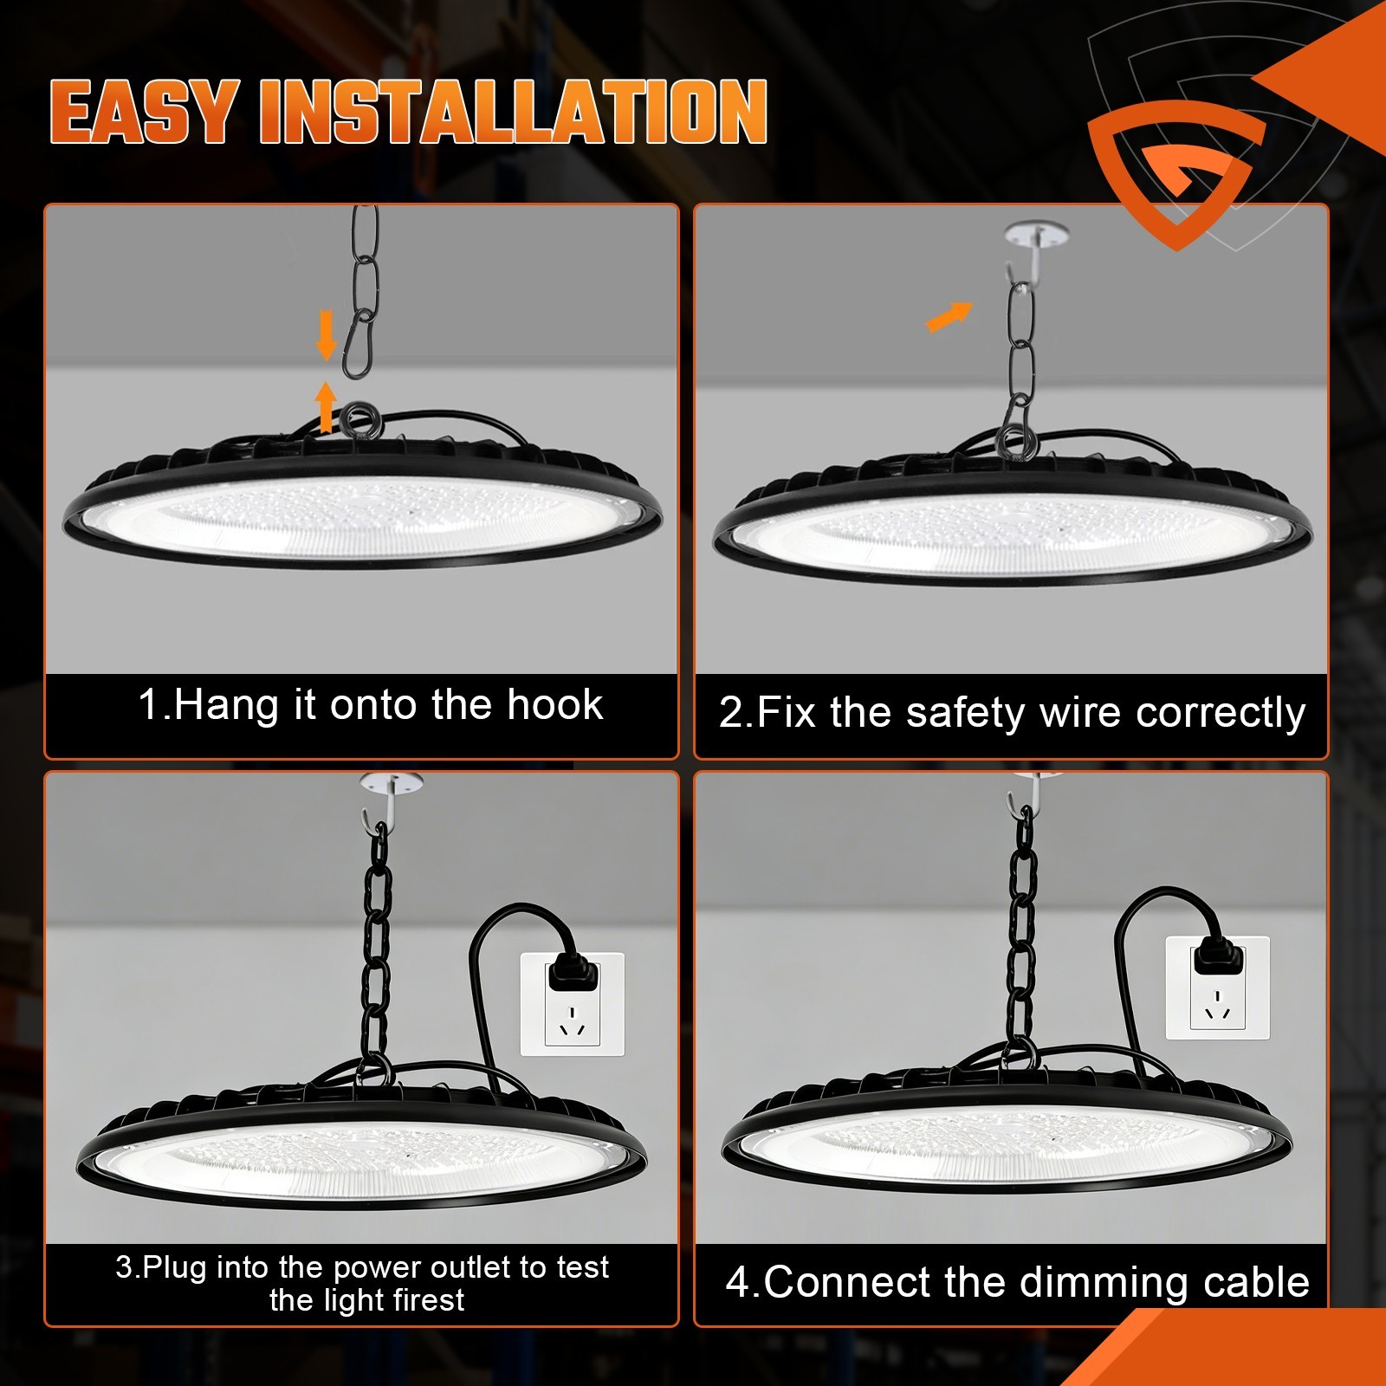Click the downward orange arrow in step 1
[327, 335]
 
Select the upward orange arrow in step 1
[326, 406]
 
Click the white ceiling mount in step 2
[1035, 235]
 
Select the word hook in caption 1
[554, 705]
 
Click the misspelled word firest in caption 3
[428, 1300]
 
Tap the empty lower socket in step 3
[572, 1020]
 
